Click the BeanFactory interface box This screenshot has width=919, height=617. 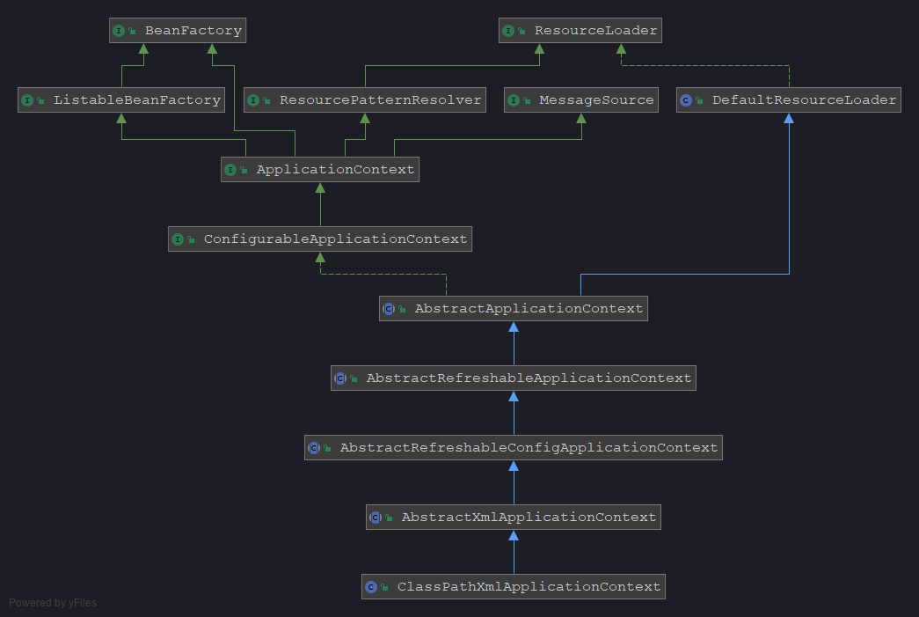pos(178,31)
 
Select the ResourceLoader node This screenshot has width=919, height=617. pos(580,31)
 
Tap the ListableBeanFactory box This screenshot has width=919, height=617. pos(121,100)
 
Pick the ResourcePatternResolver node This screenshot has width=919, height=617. pos(365,100)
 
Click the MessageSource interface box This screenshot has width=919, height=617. pos(581,100)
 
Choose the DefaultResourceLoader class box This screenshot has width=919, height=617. pos(789,100)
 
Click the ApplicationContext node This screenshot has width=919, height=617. pos(320,170)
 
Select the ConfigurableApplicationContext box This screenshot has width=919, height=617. pos(320,239)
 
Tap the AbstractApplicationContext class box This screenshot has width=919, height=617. pos(514,309)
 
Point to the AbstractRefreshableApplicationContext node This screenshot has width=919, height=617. pos(514,378)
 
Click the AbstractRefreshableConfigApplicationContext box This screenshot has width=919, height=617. pos(514,448)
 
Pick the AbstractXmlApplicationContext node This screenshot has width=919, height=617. pos(514,518)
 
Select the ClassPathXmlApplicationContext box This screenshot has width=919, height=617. pos(514,587)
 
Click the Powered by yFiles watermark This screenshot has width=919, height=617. pos(53,603)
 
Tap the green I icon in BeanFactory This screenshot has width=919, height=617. pos(119,31)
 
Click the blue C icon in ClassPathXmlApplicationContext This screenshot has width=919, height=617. pos(371,587)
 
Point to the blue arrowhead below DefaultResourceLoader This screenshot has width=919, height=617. pos(789,119)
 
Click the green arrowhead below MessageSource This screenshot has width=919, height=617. pos(581,119)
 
